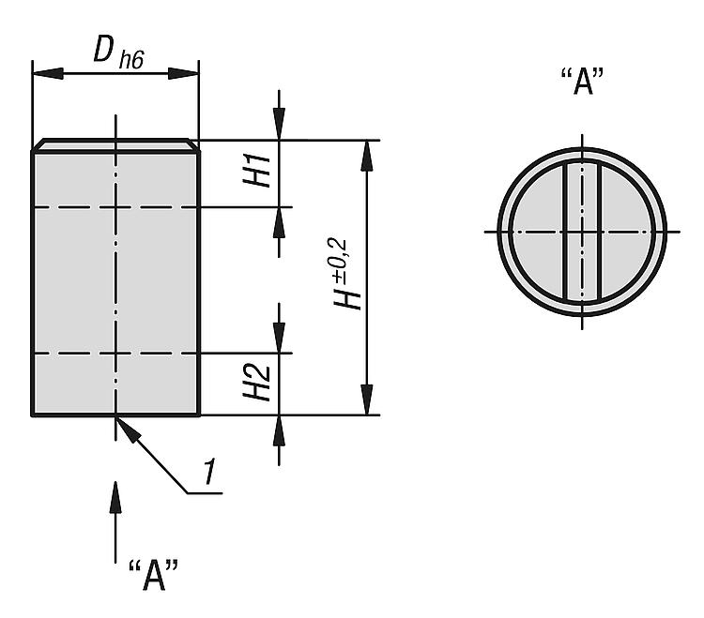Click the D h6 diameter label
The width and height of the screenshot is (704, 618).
point(118,52)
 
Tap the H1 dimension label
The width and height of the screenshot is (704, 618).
point(257,171)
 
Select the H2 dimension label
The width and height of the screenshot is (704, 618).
point(257,383)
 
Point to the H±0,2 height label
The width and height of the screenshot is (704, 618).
point(347,274)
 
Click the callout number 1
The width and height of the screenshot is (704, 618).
point(208,472)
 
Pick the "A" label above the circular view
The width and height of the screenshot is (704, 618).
point(582,82)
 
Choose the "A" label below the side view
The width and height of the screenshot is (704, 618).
point(153,575)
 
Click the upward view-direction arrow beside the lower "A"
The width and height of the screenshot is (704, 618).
point(115,522)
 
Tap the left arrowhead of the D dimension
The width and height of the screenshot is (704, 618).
point(48,73)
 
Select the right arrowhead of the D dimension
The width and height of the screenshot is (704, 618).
point(183,73)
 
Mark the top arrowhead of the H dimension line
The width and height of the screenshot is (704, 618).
point(367,156)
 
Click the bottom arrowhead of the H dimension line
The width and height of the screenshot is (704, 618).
point(367,399)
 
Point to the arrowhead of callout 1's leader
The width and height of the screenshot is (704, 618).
point(129,430)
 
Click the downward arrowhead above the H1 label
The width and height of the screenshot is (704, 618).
point(279,124)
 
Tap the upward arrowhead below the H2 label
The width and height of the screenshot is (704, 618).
point(279,431)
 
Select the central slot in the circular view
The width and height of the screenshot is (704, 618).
point(582,232)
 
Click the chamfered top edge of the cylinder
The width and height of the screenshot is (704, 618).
point(115,145)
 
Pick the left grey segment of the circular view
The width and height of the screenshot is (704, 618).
point(537,232)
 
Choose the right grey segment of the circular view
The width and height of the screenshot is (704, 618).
point(627,232)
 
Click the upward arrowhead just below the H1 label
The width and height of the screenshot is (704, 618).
point(279,223)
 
